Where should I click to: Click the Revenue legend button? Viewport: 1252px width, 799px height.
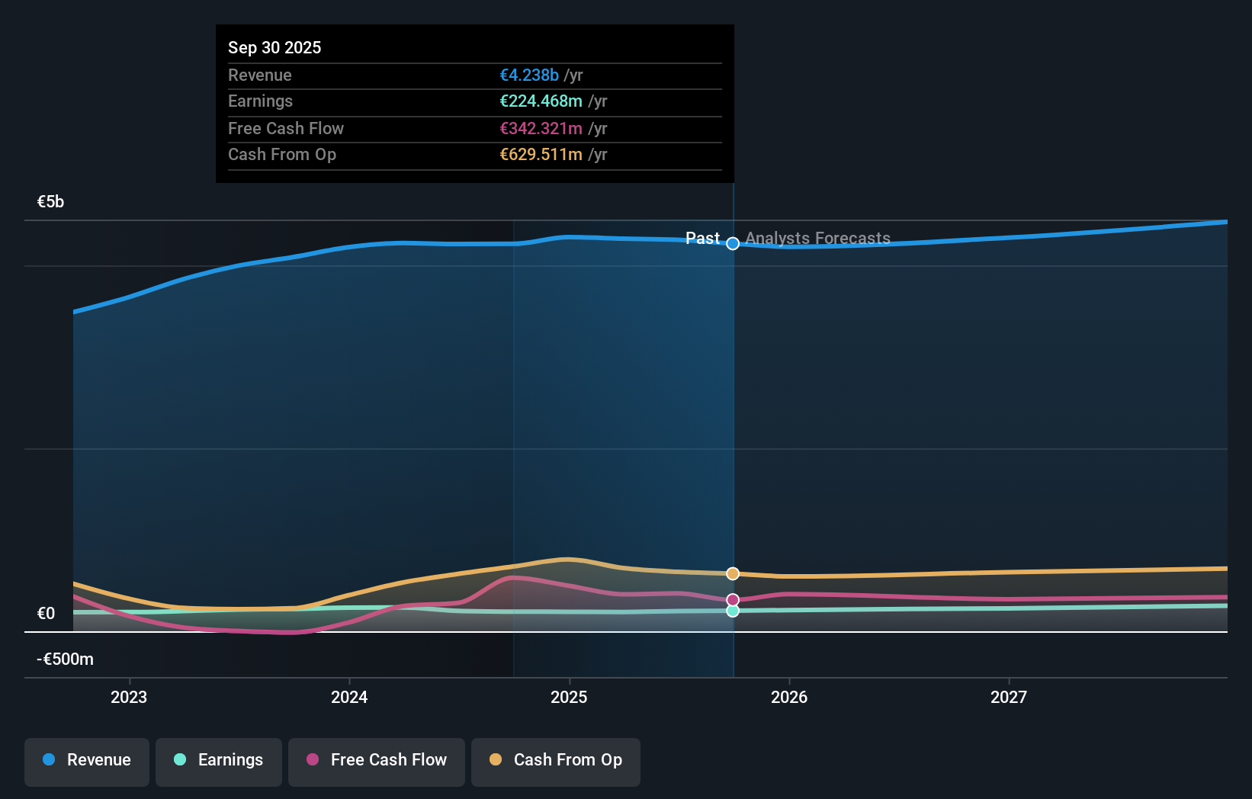[x=87, y=761]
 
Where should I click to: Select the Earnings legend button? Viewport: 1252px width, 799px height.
[x=219, y=761]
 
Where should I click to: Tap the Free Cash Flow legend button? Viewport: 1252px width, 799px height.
[x=377, y=761]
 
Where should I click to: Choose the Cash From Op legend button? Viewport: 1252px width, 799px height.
[x=556, y=761]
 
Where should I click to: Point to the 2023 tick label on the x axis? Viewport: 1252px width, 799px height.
[x=129, y=698]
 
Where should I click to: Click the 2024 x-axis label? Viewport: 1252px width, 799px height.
[x=349, y=698]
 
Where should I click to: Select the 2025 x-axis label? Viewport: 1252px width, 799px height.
[x=569, y=698]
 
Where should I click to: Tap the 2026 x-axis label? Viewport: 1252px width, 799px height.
[x=789, y=698]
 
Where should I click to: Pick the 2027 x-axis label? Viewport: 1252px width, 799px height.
[x=1009, y=698]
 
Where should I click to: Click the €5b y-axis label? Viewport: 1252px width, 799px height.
[x=50, y=202]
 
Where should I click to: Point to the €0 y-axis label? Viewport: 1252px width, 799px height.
[x=46, y=614]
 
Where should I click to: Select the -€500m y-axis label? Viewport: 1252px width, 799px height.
[x=65, y=659]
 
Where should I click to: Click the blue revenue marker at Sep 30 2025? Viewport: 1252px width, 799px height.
[x=733, y=244]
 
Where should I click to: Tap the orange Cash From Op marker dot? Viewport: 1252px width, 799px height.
[x=733, y=573]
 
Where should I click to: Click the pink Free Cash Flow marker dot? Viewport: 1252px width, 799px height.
[x=733, y=600]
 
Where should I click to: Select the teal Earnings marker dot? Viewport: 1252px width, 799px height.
[x=733, y=611]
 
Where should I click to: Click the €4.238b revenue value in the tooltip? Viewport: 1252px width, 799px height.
[x=529, y=75]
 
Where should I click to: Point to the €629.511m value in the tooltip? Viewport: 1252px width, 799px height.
[x=541, y=155]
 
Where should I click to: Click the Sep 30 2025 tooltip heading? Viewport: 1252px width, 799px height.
[x=274, y=48]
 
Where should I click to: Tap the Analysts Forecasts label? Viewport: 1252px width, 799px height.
[x=817, y=239]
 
